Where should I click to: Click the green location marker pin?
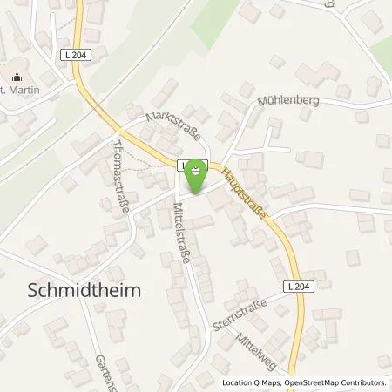click(x=198, y=172)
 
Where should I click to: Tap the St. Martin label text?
click(x=21, y=88)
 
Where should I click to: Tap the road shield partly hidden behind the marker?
click(x=183, y=164)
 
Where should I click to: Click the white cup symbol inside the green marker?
click(x=198, y=168)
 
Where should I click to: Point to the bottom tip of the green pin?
click(x=198, y=193)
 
